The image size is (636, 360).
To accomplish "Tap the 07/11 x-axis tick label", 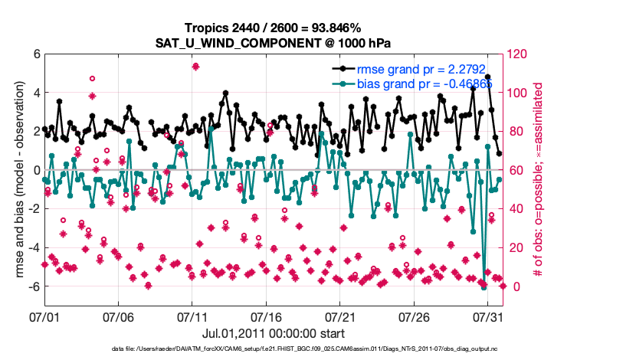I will (x=192, y=316).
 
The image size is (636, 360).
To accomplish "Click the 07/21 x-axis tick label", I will (x=341, y=316).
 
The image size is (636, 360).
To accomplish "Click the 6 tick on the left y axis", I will (x=36, y=54).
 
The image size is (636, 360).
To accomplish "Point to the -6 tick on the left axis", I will (x=34, y=286).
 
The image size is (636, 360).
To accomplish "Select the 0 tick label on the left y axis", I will (x=36, y=170).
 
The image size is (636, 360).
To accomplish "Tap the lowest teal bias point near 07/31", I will (x=484, y=287).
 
